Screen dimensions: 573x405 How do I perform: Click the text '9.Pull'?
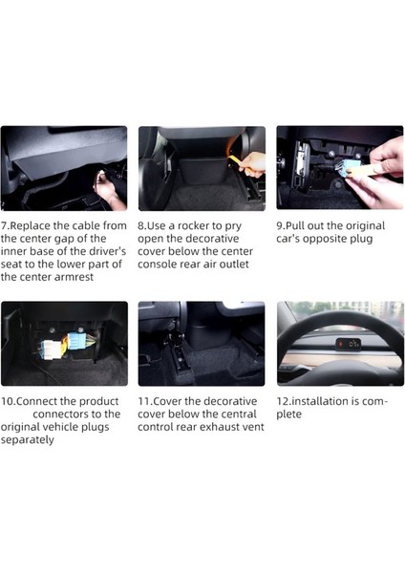click(295, 226)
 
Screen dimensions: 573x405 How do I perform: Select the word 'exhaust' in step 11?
click(226, 427)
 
